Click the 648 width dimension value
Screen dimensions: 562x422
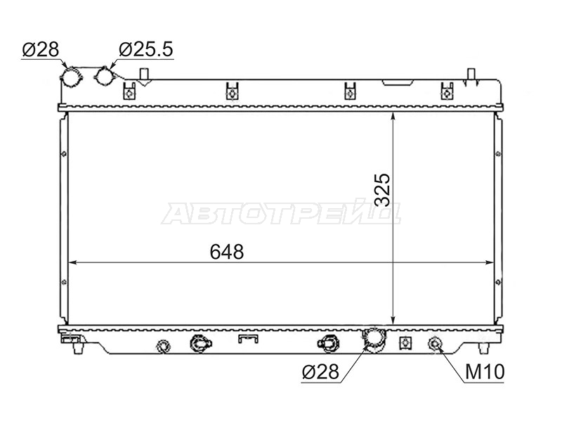coord(226,252)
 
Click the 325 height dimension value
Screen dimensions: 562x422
coord(382,190)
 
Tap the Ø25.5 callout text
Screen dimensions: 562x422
coord(146,49)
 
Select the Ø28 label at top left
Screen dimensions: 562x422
coord(41,49)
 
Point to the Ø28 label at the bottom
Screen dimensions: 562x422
coord(320,372)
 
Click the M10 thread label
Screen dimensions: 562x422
coord(485,372)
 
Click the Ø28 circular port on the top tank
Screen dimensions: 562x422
coord(72,77)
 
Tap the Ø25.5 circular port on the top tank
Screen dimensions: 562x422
coord(105,76)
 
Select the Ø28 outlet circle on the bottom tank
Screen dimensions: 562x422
coord(374,338)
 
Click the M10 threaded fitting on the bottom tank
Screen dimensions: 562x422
coord(435,344)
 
